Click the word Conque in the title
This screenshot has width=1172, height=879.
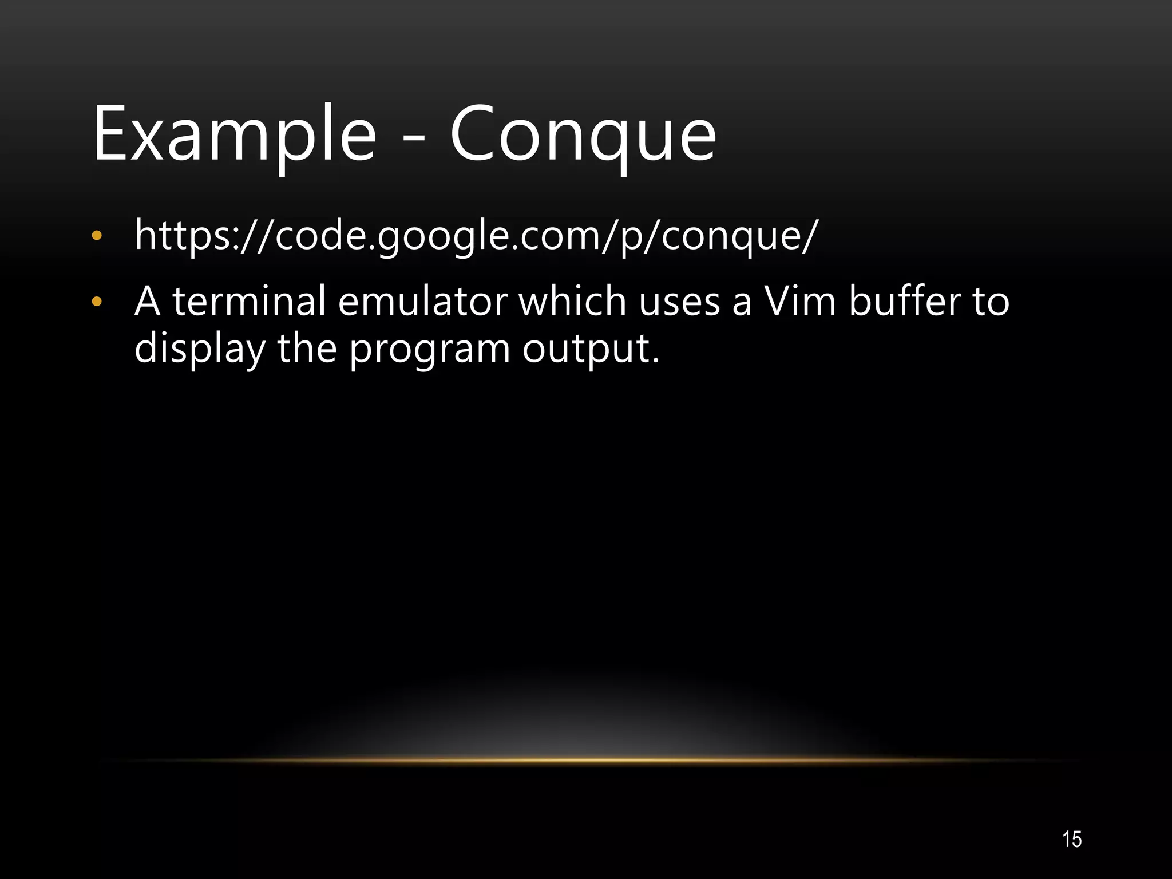583,135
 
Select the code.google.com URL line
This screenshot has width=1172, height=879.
476,236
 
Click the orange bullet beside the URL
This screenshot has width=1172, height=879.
97,236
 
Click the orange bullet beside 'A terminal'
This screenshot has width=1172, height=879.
97,302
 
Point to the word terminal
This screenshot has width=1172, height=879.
249,302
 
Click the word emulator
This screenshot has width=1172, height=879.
422,302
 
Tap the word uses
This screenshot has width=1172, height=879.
679,302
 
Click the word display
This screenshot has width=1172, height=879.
200,349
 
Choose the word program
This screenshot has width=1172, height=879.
429,349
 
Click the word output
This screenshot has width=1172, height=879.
591,349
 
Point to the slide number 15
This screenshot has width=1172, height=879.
1072,839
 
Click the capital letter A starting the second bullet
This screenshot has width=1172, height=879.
147,302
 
